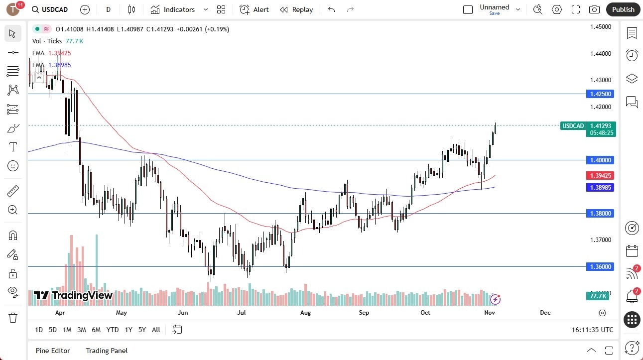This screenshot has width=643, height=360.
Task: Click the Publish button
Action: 623,9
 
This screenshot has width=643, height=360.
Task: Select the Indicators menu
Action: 179,9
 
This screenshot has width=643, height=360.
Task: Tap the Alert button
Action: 254,9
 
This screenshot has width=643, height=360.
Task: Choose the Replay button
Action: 296,9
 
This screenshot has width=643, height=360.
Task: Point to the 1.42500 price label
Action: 601,94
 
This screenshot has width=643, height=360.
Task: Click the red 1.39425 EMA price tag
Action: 601,175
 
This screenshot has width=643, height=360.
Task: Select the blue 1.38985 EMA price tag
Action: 601,187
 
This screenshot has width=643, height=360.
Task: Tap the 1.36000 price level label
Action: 601,266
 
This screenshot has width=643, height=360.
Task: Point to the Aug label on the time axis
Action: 305,313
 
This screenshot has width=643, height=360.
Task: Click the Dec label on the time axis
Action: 545,313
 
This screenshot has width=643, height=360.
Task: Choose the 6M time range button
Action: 96,330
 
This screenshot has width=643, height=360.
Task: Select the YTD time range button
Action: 113,330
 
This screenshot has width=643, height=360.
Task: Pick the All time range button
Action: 156,330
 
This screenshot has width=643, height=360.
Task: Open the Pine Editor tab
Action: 53,351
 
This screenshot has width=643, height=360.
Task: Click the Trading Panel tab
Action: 107,351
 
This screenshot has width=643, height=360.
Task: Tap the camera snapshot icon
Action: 594,9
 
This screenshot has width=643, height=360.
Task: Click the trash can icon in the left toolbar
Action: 13,317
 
